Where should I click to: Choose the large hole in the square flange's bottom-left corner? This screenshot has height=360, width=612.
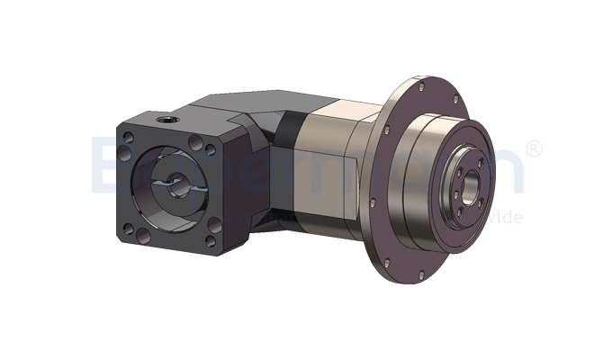[x=139, y=231]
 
